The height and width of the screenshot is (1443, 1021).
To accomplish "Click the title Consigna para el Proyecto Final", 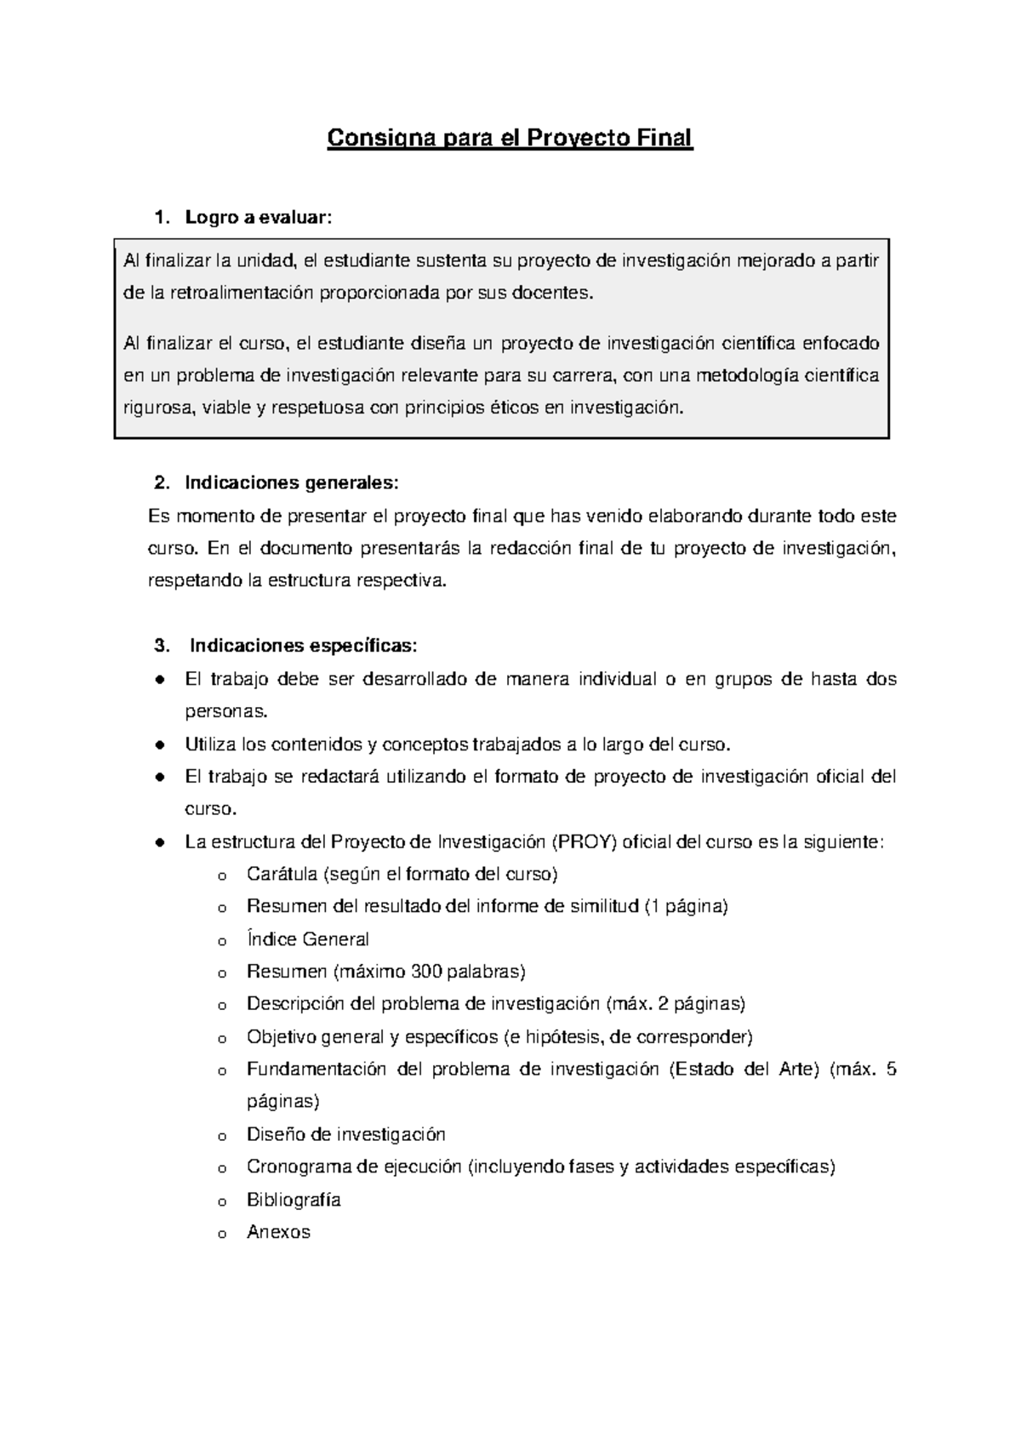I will [510, 138].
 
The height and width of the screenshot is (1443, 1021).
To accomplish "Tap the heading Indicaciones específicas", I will [303, 646].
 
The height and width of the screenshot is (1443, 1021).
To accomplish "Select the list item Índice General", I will [307, 939].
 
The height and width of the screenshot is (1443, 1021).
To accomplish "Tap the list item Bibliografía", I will [294, 1200].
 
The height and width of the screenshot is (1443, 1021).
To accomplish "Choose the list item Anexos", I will [278, 1232].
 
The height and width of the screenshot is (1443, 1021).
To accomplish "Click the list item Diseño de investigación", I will [345, 1134].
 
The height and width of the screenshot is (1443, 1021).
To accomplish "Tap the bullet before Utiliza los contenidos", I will [159, 744].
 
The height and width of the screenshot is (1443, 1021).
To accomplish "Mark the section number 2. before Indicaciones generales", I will [162, 483].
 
